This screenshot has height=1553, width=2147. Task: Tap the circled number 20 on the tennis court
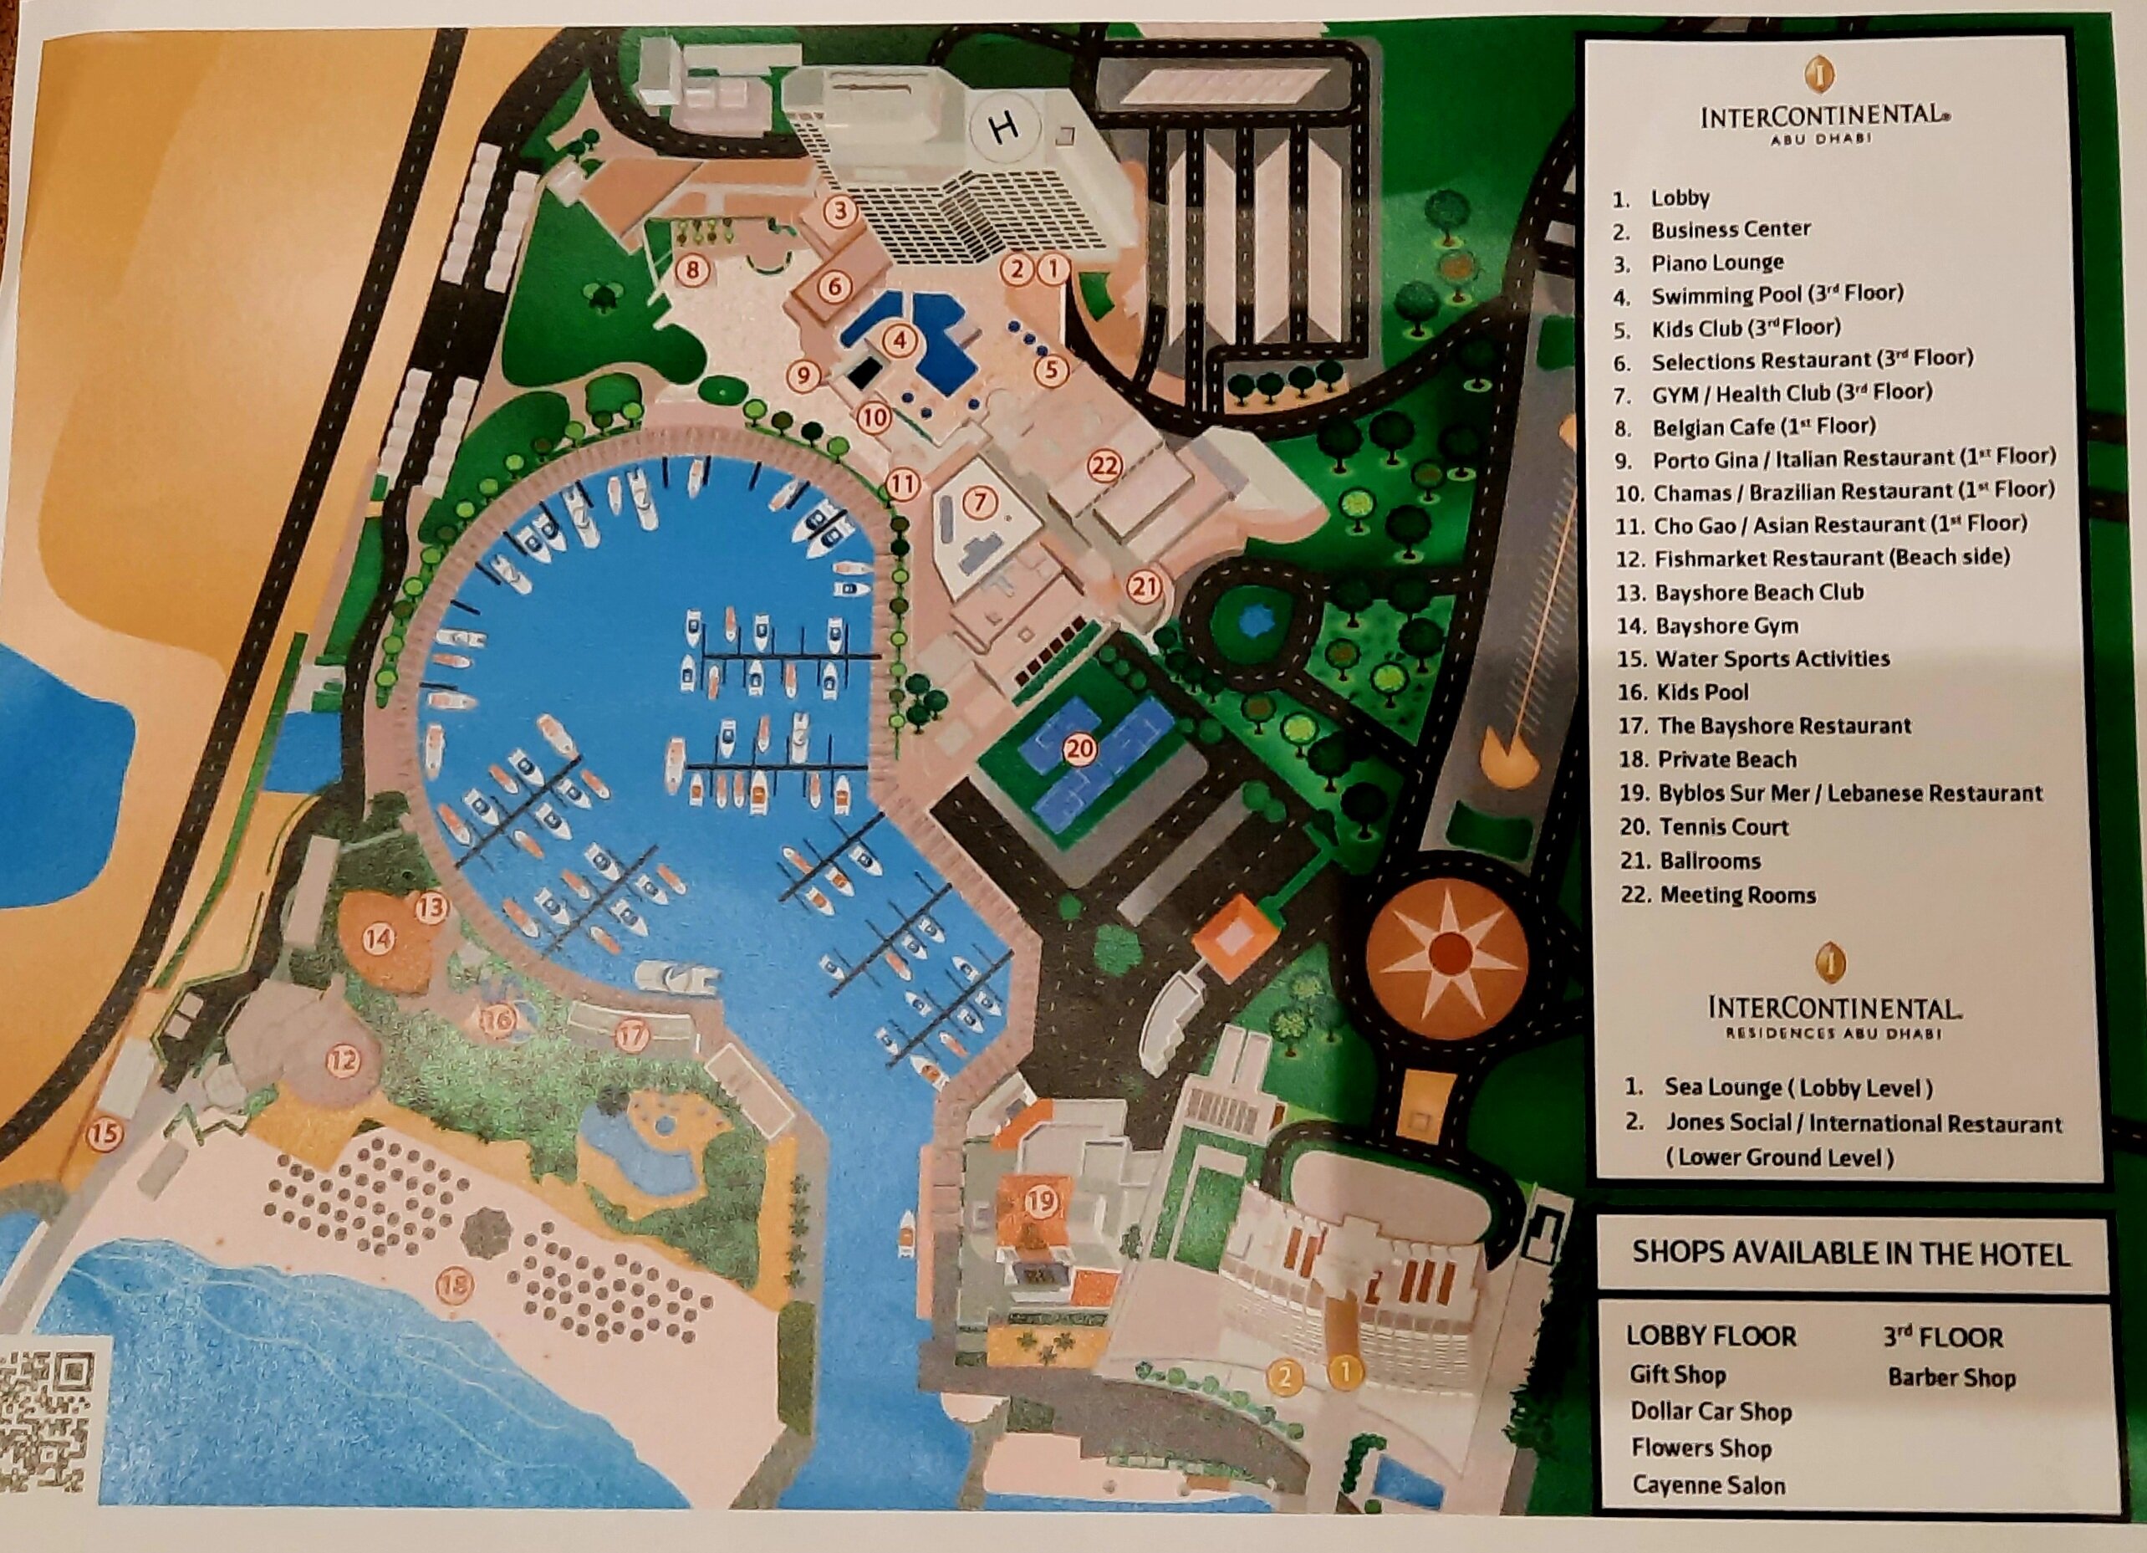click(x=1079, y=749)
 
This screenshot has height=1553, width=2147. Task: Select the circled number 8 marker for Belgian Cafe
click(x=693, y=271)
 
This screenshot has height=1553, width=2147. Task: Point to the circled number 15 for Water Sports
click(x=105, y=1132)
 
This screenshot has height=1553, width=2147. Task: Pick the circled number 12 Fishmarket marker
click(x=343, y=1060)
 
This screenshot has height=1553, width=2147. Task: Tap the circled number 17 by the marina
click(x=631, y=1035)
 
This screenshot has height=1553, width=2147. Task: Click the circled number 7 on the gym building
click(x=980, y=501)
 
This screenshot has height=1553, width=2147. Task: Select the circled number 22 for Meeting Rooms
click(x=1104, y=465)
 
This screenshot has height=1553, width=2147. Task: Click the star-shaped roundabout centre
click(x=1446, y=950)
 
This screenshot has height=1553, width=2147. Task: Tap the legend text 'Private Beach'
click(x=1726, y=759)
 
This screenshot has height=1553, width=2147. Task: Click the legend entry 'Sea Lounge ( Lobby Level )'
click(x=1798, y=1088)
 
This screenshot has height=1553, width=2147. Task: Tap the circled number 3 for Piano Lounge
click(x=839, y=210)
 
